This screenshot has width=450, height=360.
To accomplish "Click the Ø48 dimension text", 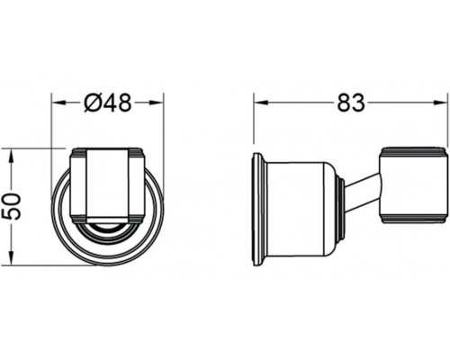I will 107,103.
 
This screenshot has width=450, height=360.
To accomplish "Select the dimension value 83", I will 350,103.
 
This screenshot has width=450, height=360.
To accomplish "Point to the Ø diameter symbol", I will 94,103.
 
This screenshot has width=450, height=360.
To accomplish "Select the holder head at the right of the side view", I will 412,184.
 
